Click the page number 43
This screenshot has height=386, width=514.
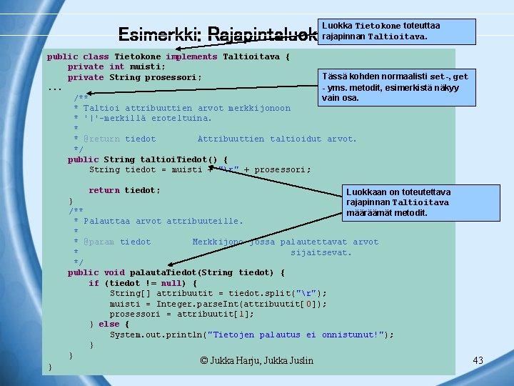click(x=478, y=360)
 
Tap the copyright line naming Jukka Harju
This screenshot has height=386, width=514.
click(x=256, y=360)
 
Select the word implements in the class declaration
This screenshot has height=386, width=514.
click(x=191, y=56)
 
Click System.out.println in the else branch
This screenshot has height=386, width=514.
click(x=154, y=335)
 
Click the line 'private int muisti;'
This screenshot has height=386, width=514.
click(x=116, y=66)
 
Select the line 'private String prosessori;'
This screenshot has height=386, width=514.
click(x=134, y=77)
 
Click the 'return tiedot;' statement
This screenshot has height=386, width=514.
click(x=124, y=190)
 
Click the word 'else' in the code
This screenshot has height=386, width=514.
click(x=109, y=324)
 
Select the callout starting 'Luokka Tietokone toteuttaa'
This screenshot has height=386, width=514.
click(x=398, y=31)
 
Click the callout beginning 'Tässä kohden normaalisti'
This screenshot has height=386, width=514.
click(x=395, y=87)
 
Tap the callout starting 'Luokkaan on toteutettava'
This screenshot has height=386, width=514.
click(x=398, y=202)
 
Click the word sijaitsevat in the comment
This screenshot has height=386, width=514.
click(x=321, y=252)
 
